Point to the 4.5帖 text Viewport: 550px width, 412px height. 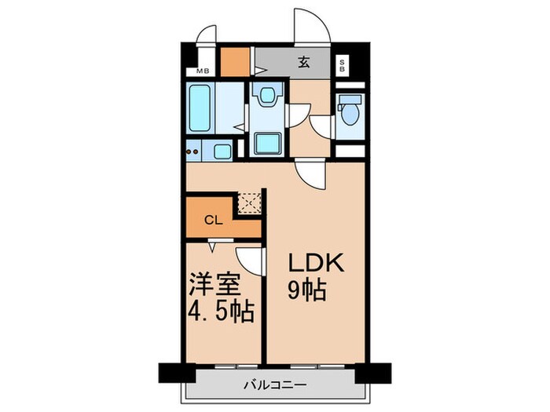click(220, 312)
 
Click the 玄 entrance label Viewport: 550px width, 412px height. click(302, 64)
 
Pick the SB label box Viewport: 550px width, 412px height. click(342, 65)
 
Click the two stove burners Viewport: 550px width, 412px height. click(192, 151)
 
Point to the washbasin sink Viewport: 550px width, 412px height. click(267, 96)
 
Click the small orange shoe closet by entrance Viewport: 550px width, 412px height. click(233, 60)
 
